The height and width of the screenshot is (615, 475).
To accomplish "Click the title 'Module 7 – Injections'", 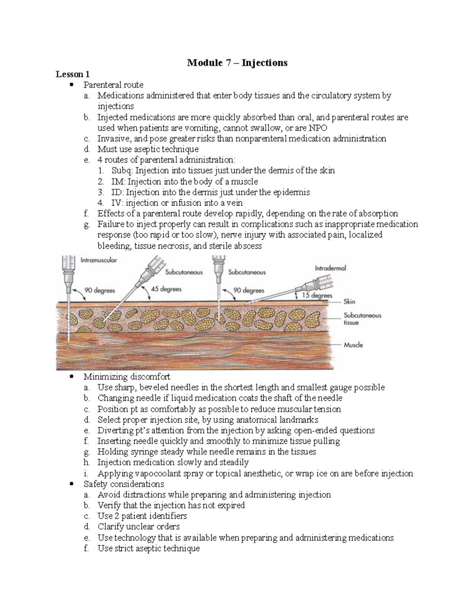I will point(237,63).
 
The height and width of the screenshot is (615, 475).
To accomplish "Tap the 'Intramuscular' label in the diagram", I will point(99,261).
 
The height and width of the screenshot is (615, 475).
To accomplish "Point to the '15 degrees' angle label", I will point(317,295).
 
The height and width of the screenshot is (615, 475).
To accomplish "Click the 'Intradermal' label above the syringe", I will point(330,268).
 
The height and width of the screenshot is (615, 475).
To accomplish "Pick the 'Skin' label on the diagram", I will point(349,302).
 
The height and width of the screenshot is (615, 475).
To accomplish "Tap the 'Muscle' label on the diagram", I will point(353,345).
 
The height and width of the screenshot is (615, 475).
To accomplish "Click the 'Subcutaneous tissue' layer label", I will point(362,319).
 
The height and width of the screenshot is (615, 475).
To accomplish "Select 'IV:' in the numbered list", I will point(117,203).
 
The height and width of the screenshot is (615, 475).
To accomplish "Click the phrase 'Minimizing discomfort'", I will point(127,377).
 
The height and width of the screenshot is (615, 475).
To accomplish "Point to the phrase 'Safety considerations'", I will point(123,484).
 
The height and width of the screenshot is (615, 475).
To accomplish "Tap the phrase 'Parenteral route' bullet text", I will point(113,85).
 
